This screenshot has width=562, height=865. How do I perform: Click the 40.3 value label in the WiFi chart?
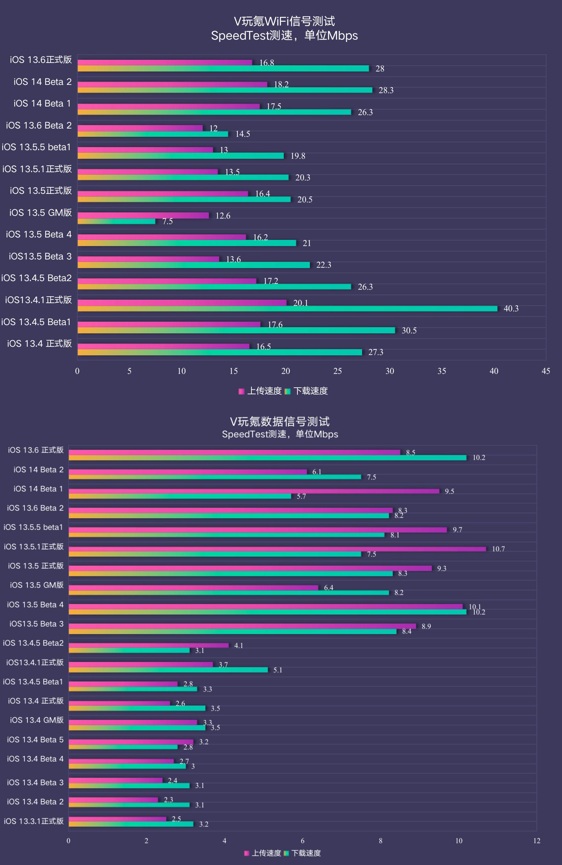[511, 309]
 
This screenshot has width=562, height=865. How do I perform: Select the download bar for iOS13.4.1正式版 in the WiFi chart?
[287, 309]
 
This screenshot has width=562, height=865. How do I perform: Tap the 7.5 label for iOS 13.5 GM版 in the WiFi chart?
[168, 221]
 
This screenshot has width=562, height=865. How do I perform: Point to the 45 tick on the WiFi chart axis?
[546, 371]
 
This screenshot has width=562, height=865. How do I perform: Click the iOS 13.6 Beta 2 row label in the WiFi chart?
[39, 125]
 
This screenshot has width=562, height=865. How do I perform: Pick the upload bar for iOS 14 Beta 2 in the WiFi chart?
[172, 84]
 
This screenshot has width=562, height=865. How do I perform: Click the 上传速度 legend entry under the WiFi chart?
[260, 391]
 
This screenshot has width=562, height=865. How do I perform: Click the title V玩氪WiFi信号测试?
[284, 21]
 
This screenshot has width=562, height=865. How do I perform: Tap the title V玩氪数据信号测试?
[280, 422]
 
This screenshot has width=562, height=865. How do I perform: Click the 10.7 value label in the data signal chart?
[498, 549]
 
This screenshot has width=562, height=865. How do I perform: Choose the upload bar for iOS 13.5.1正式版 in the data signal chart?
[277, 549]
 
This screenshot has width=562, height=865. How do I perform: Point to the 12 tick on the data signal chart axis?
[537, 841]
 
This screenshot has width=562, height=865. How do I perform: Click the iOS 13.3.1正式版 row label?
[34, 821]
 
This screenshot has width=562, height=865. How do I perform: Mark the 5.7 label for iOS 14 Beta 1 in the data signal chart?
[301, 497]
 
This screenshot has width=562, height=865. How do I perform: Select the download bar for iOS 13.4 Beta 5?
[123, 747]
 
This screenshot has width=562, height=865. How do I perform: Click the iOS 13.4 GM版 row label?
[37, 720]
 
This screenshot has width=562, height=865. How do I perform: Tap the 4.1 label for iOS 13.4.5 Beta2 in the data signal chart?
[239, 645]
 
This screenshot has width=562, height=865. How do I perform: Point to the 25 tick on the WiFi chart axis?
[337, 371]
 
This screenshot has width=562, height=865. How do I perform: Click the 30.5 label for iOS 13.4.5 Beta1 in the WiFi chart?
[409, 330]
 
